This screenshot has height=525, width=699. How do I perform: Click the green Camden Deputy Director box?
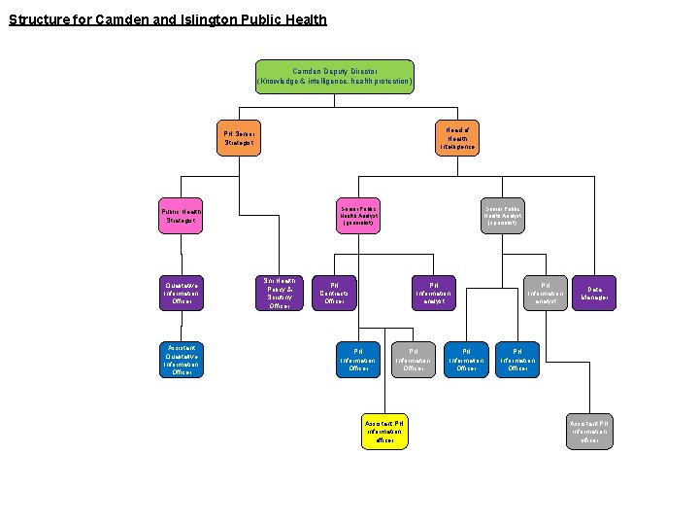point(334,77)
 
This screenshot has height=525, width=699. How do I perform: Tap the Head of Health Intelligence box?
point(457,138)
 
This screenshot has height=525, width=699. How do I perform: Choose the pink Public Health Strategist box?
point(182,217)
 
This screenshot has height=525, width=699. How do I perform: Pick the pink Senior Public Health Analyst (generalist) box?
point(358,216)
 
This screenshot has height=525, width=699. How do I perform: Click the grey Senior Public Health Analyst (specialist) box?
point(502,216)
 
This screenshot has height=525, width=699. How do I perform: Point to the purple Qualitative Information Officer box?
point(182,294)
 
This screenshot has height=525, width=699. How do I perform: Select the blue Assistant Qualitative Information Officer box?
point(182,360)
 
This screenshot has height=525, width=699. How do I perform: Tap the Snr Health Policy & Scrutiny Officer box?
point(280,293)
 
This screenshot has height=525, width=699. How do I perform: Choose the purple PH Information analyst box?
point(433,294)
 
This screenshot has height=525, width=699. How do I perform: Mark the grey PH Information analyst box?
point(544,294)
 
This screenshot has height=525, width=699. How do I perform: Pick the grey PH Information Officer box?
point(413,359)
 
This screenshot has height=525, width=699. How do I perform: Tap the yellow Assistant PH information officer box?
point(384,432)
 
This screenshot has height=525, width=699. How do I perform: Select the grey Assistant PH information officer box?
point(589,432)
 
